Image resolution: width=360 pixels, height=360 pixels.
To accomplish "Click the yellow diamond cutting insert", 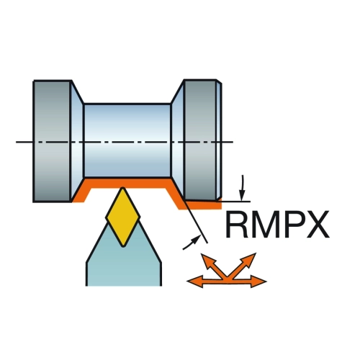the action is click(123, 217).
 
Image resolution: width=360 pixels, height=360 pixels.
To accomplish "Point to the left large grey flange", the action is click(53, 141).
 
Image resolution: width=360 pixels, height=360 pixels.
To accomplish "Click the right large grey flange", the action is click(199, 140).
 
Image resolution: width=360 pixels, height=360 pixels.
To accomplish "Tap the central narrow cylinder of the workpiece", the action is click(127, 140).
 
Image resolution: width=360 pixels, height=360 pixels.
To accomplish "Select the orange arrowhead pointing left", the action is click(194, 282).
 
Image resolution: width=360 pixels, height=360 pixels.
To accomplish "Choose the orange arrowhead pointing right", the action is click(258, 282).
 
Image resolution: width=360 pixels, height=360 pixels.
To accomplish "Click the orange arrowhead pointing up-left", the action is click(207, 260).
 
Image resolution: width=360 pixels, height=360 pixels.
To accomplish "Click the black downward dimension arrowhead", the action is click(243, 195).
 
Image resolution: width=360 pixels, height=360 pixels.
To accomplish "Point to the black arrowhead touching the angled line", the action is click(196, 240).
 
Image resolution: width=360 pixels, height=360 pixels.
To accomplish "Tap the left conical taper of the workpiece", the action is click(77, 141).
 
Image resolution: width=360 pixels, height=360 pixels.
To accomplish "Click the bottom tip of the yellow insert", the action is click(123, 246).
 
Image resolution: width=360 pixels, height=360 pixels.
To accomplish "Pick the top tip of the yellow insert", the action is click(123, 187).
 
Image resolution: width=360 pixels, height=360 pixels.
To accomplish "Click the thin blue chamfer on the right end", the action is click(219, 140).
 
